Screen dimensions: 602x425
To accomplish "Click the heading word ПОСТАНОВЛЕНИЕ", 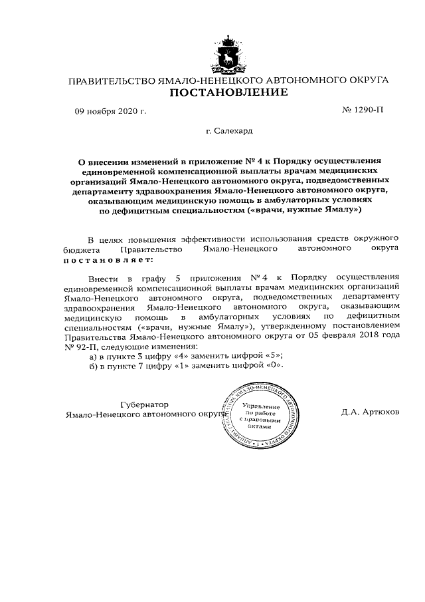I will (228, 92).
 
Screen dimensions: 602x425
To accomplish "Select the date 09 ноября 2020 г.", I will (110, 110).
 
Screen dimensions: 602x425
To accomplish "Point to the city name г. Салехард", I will (229, 132).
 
